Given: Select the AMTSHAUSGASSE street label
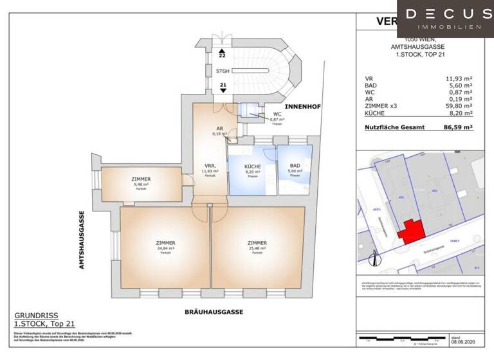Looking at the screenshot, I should (x=83, y=239).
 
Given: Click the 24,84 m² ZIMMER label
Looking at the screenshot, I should (x=165, y=242).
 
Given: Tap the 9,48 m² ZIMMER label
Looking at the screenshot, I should (x=140, y=179).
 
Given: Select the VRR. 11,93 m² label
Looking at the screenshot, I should (x=210, y=168).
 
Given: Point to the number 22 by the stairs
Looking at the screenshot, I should (x=223, y=56).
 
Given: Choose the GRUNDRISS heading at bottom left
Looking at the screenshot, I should (x=36, y=316).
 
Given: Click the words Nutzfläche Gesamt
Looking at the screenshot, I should (x=394, y=128).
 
